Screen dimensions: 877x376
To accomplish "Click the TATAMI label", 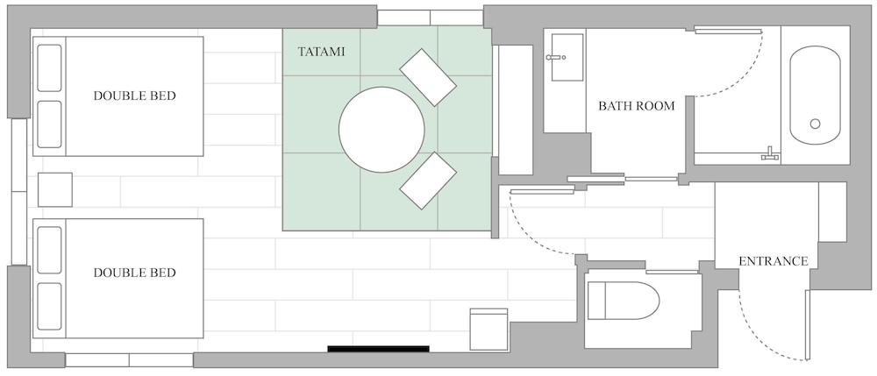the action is tap(321, 52).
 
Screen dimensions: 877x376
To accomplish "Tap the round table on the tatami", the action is tap(381, 130).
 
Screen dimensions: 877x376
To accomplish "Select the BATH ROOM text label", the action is tap(637, 105).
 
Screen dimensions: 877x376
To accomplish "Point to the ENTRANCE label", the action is tap(774, 261).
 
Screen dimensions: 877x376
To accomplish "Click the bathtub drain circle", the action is tap(815, 124).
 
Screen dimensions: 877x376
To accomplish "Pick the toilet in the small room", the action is tap(624, 301).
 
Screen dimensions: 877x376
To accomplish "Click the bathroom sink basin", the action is tap(567, 57).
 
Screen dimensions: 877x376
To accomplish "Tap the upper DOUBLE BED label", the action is tap(134, 96).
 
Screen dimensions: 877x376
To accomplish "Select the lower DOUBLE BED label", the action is tap(134, 273).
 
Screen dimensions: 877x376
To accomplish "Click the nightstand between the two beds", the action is tap(54, 190).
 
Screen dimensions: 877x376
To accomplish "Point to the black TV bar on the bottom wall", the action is tap(378, 349).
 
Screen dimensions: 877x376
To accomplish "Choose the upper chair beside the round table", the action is tap(428, 77).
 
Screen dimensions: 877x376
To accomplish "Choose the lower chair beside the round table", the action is tap(428, 181).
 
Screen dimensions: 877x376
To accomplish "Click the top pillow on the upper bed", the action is tap(49, 67).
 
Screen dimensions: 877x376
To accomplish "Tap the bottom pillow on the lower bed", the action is tap(49, 306).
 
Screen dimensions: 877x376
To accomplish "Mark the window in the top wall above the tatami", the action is tap(430, 18).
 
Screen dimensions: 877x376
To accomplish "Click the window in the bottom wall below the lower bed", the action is tap(129, 360).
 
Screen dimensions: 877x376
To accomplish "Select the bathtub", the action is tap(815, 95).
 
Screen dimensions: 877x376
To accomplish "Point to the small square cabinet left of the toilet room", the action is tap(488, 329).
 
